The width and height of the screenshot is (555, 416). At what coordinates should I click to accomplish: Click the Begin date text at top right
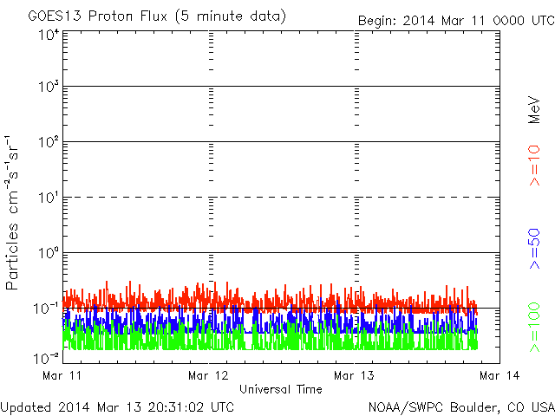pos(456,21)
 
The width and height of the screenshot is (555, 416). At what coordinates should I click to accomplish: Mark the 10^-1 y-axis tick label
pos(46,309)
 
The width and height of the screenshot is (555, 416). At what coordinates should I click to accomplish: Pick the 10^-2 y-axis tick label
pos(46,358)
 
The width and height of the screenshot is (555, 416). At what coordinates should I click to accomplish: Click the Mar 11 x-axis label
pos(62,375)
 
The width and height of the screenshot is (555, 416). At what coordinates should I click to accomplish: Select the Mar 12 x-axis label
pos(208,375)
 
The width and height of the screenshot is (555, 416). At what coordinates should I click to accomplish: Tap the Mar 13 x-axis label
pos(354,375)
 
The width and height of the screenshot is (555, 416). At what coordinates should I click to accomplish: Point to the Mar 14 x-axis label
pos(499,375)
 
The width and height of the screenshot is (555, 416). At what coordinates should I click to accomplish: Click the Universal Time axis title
pos(281,389)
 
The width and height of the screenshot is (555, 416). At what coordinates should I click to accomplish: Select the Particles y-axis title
pos(11,212)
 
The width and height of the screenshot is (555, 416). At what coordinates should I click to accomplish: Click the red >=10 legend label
pos(534,166)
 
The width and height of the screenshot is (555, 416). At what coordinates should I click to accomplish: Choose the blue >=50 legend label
pos(534,249)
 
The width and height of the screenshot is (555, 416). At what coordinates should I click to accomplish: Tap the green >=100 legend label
pos(534,328)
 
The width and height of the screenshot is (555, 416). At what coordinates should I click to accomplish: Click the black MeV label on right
pos(534,110)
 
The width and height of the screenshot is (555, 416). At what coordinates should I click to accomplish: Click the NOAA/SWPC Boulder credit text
pos(461,407)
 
